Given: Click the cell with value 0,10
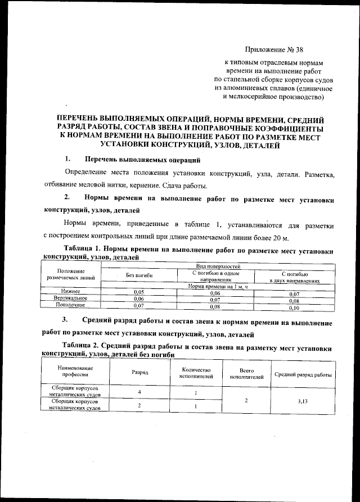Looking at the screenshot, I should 294,308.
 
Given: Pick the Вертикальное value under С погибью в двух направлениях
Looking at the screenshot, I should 294,301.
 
